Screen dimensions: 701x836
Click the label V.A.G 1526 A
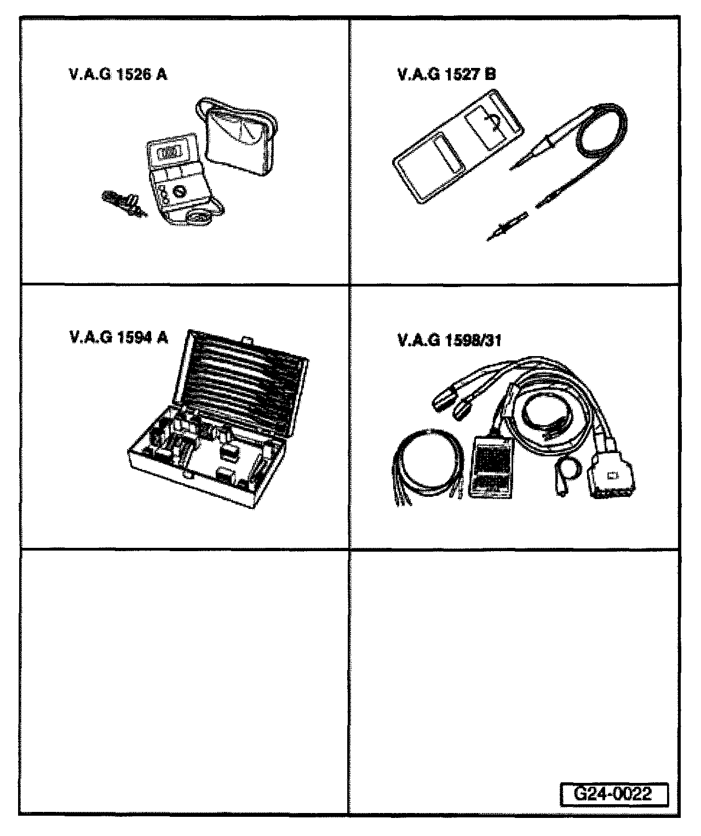click(118, 75)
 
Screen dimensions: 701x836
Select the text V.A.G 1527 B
click(446, 75)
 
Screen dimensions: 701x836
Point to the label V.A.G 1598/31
click(449, 341)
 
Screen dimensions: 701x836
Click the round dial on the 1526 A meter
click(179, 191)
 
